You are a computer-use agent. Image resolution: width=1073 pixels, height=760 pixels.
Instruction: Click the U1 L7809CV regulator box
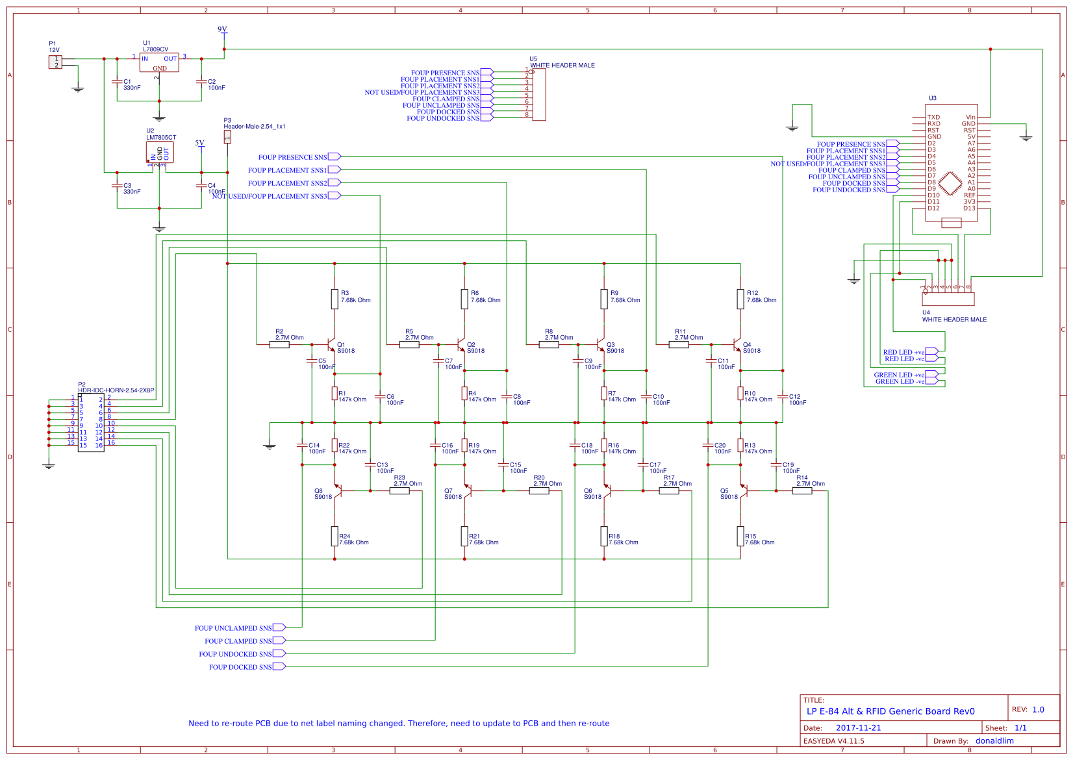(159, 62)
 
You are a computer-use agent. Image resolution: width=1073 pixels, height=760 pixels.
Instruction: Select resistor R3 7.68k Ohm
(335, 298)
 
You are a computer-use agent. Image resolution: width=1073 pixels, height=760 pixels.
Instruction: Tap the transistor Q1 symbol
(331, 344)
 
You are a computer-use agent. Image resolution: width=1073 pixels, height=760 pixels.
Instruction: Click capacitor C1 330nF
(117, 82)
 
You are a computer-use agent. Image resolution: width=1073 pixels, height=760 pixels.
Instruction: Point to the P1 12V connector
(55, 62)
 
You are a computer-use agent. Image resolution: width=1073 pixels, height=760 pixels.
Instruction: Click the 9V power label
(222, 29)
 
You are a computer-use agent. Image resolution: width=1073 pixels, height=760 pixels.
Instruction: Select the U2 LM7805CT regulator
(160, 153)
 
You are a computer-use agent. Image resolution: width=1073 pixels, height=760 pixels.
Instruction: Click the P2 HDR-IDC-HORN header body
(91, 422)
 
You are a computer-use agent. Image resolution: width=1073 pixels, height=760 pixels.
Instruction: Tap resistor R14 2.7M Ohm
(802, 491)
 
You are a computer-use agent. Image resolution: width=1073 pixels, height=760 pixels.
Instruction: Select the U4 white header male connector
(948, 299)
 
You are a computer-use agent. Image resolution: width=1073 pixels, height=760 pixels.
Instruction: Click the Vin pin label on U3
(970, 118)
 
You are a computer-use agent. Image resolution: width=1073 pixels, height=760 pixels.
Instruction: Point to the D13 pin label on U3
(968, 209)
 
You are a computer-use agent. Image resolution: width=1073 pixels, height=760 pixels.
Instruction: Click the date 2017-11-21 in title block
(858, 728)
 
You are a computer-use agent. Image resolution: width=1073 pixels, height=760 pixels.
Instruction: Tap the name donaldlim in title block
(994, 741)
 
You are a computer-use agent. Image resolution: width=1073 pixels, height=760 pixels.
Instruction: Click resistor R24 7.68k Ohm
(335, 536)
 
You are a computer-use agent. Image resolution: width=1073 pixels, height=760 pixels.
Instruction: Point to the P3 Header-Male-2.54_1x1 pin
(227, 136)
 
